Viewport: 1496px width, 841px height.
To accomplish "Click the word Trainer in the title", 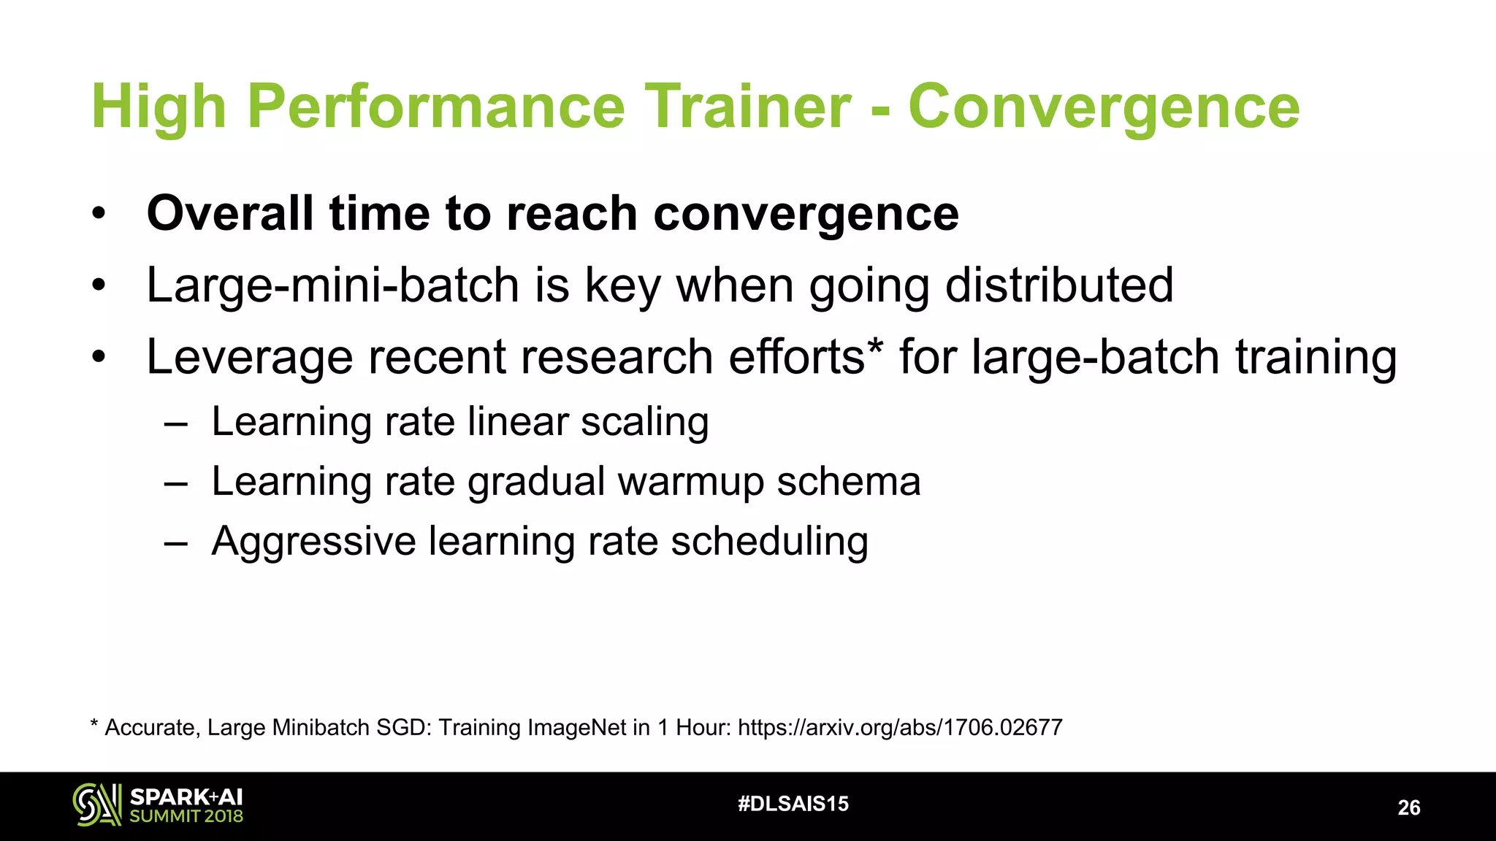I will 747,107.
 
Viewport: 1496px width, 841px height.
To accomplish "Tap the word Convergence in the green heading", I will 1103,107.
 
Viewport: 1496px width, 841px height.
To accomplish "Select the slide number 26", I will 1408,807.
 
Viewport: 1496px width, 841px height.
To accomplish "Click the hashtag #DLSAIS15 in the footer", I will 793,804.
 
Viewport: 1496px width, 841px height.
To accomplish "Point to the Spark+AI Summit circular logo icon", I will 96,804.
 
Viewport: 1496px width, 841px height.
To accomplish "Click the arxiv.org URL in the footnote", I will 900,727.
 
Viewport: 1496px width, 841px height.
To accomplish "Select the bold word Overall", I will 230,213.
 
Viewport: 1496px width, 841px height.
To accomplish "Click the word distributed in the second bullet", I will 1059,285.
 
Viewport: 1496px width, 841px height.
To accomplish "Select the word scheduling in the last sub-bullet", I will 769,542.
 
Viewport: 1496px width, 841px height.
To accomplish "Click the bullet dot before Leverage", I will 99,358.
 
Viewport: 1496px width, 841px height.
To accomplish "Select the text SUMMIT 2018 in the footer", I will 186,816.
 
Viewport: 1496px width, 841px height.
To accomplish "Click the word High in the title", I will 158,107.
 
